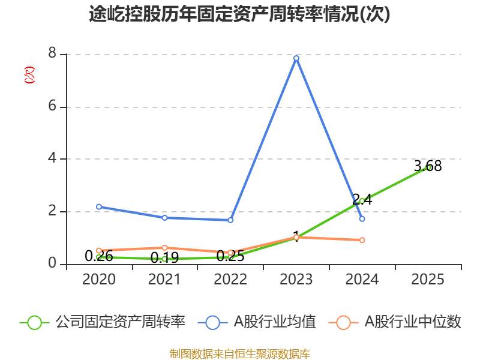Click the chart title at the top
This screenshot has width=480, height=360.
239,14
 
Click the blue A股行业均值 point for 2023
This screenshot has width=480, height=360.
296,58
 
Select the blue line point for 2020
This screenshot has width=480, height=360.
99,206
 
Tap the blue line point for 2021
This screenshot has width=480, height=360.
164,217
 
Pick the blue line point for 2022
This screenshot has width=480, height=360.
230,220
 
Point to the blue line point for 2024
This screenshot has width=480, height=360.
362,218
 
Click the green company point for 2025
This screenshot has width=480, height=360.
428,167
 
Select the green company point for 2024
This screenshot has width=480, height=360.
362,200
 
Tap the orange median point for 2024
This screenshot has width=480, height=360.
362,240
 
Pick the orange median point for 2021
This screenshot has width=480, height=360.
164,247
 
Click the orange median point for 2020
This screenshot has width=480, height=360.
99,250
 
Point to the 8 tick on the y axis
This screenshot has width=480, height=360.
52,54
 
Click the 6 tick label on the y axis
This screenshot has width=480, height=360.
52,106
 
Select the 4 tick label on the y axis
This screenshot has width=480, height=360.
52,158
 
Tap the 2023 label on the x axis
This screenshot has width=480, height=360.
296,280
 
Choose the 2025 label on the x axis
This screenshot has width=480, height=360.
428,280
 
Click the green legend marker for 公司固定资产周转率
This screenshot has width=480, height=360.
35,322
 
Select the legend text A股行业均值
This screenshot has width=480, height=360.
275,322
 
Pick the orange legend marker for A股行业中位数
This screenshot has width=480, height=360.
343,322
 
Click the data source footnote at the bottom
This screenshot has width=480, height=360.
239,353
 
